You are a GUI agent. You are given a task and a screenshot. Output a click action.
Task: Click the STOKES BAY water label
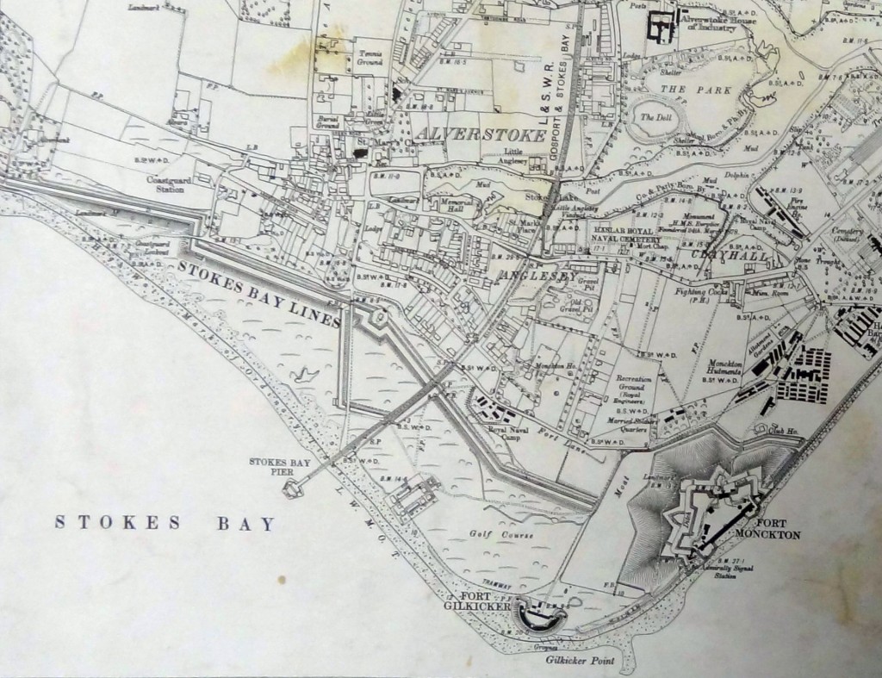pyautogui.click(x=165, y=523)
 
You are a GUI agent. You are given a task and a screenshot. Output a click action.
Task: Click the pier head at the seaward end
pyautogui.click(x=292, y=489)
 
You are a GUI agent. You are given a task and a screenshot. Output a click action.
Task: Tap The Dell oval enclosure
pyautogui.click(x=654, y=119)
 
